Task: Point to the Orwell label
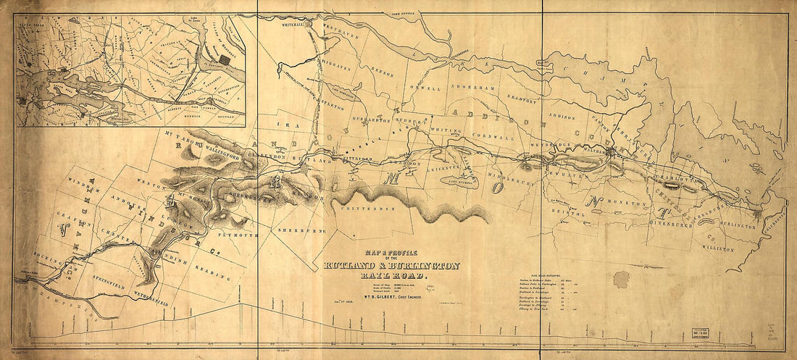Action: pos(426,88)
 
